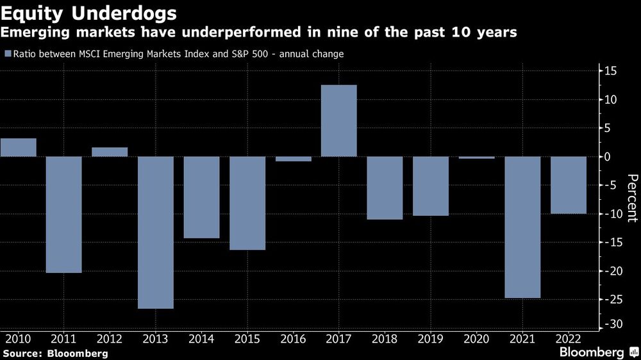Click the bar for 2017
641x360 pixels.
click(x=338, y=120)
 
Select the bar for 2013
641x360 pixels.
click(x=156, y=233)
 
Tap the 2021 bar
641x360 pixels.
click(x=522, y=227)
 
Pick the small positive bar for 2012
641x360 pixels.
click(x=110, y=152)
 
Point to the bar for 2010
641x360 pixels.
click(x=18, y=147)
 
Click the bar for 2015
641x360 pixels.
click(x=247, y=203)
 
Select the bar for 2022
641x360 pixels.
click(x=569, y=185)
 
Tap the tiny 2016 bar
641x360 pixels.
click(x=294, y=159)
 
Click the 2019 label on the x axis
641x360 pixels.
click(x=431, y=338)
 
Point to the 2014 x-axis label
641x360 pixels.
click(x=201, y=338)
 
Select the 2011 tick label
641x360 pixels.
click(x=63, y=338)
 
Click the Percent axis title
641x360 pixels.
click(x=631, y=198)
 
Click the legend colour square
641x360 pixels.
click(x=7, y=54)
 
